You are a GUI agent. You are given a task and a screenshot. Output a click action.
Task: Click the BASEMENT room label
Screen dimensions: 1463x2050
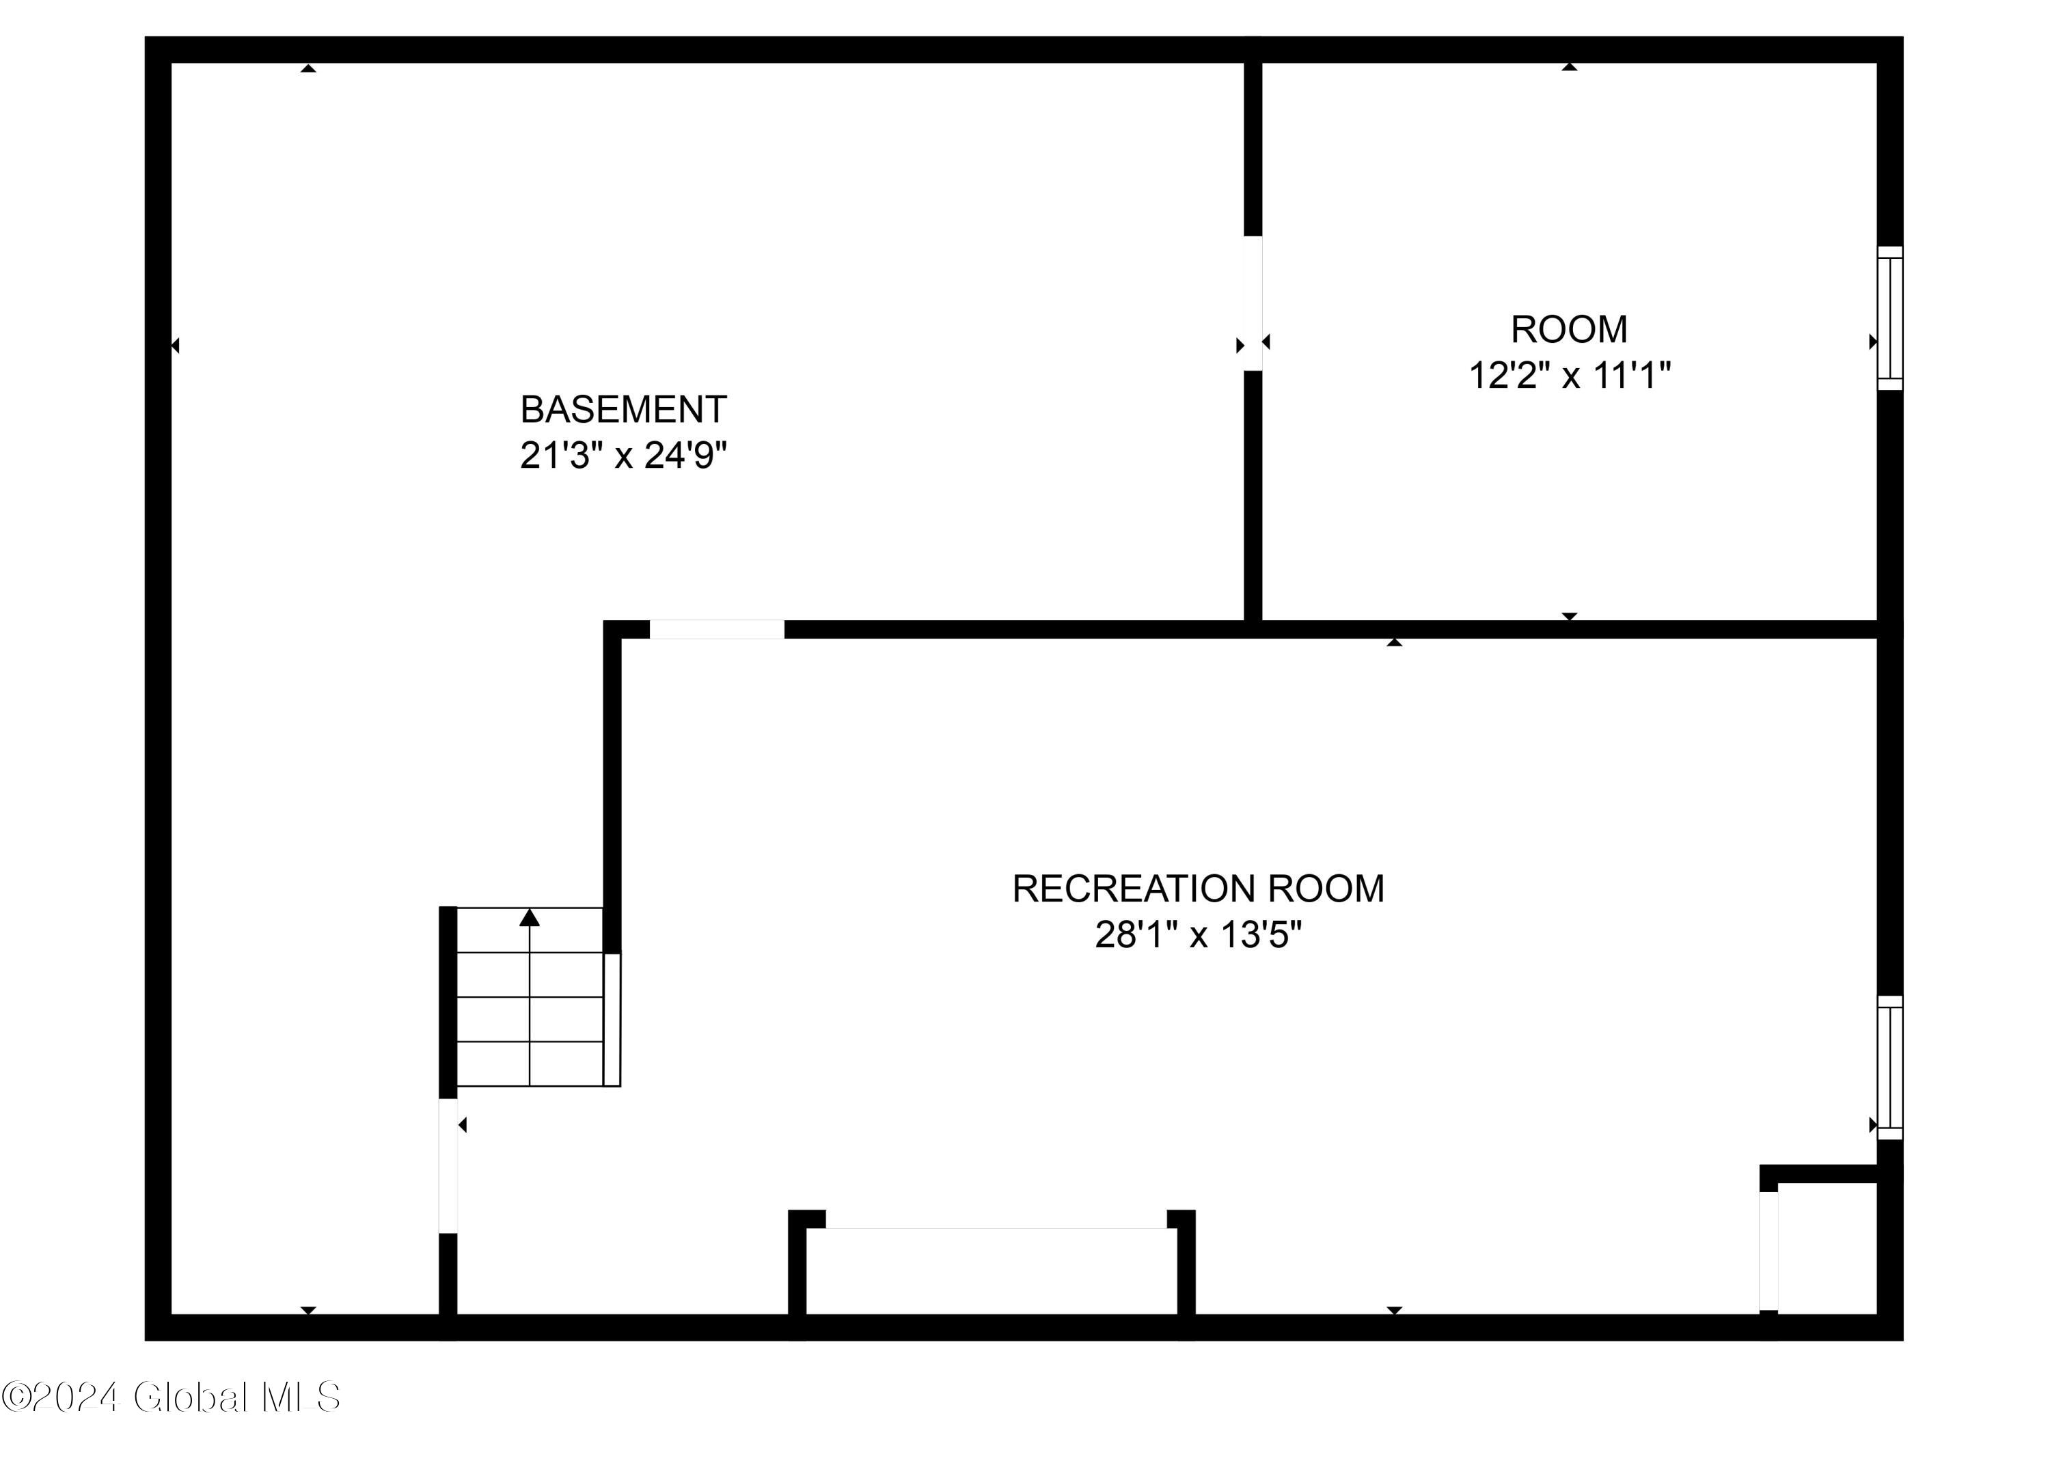pos(623,410)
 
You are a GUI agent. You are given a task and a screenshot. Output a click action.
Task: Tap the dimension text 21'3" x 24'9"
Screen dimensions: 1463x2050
pos(623,456)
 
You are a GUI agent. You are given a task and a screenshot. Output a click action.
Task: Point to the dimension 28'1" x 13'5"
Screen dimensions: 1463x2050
pos(1198,935)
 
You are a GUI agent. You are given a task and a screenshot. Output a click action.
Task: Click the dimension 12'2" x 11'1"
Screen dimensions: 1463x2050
pos(1569,375)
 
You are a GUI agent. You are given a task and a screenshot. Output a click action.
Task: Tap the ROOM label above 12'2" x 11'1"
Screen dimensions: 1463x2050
pos(1569,330)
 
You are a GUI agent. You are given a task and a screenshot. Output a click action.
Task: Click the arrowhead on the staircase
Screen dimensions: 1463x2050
pos(530,918)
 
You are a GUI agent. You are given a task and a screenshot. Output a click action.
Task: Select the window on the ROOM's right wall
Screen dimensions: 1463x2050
pos(1889,318)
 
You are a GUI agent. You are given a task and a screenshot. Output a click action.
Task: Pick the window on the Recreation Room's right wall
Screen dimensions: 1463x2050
pos(1889,1068)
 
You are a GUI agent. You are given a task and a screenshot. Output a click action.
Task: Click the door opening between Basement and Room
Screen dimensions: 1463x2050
pos(1253,303)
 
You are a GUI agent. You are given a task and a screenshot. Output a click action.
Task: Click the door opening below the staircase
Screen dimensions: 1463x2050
pos(448,1166)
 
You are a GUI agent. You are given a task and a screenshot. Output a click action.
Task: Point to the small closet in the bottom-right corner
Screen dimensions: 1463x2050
pos(1827,1248)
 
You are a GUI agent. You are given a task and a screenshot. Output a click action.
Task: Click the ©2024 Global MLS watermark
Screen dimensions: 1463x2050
pos(172,1397)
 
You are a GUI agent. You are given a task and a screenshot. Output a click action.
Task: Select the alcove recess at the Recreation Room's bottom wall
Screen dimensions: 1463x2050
pos(992,1270)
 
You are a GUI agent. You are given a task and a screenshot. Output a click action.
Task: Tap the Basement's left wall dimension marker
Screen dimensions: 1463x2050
pos(175,345)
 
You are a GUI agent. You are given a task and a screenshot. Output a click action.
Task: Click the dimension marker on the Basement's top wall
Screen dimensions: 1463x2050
pos(308,68)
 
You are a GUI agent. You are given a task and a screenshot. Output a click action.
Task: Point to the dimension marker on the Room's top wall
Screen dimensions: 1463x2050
pos(1569,67)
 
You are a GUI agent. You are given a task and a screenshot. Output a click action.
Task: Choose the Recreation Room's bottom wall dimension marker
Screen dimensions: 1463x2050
pos(1394,1310)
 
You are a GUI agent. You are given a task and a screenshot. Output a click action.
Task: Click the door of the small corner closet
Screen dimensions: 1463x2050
pos(1769,1251)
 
